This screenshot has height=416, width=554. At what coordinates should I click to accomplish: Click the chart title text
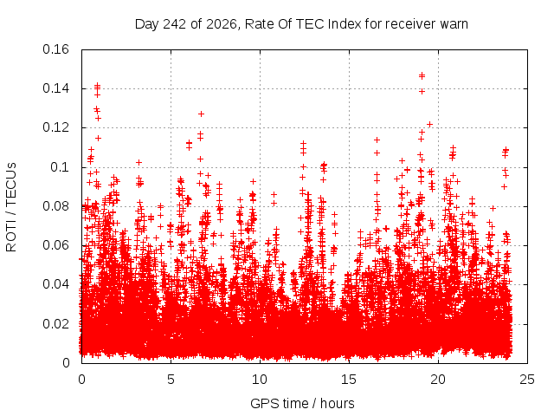point(301,24)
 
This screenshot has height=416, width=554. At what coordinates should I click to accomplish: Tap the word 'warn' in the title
point(454,24)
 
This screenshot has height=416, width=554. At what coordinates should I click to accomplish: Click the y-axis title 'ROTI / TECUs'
point(11,207)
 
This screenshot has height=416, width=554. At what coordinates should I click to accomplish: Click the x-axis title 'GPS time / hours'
point(302,403)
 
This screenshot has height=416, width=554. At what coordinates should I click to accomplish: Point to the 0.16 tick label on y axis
point(55,49)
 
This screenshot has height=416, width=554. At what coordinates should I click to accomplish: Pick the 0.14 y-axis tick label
point(55,88)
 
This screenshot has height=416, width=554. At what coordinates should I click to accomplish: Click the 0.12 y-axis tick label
point(55,127)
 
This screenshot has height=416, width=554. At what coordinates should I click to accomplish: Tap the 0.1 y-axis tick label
point(60,167)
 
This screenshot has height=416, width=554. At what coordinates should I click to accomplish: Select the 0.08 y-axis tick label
point(55,206)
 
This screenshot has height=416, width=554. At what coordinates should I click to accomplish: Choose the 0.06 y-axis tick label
point(55,245)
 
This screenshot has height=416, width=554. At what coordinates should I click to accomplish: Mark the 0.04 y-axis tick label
point(55,284)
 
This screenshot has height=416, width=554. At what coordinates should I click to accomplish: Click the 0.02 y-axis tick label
point(55,323)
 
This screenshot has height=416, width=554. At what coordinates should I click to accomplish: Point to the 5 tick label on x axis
point(171,380)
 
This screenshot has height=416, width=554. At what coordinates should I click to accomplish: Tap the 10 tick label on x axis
point(260,380)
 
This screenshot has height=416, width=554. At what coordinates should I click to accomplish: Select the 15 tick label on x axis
point(349,380)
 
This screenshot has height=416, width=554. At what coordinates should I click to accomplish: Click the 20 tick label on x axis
point(438,380)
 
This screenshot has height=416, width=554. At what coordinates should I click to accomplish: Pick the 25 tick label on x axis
point(527,380)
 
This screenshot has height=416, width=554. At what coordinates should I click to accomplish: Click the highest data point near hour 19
point(422,75)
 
